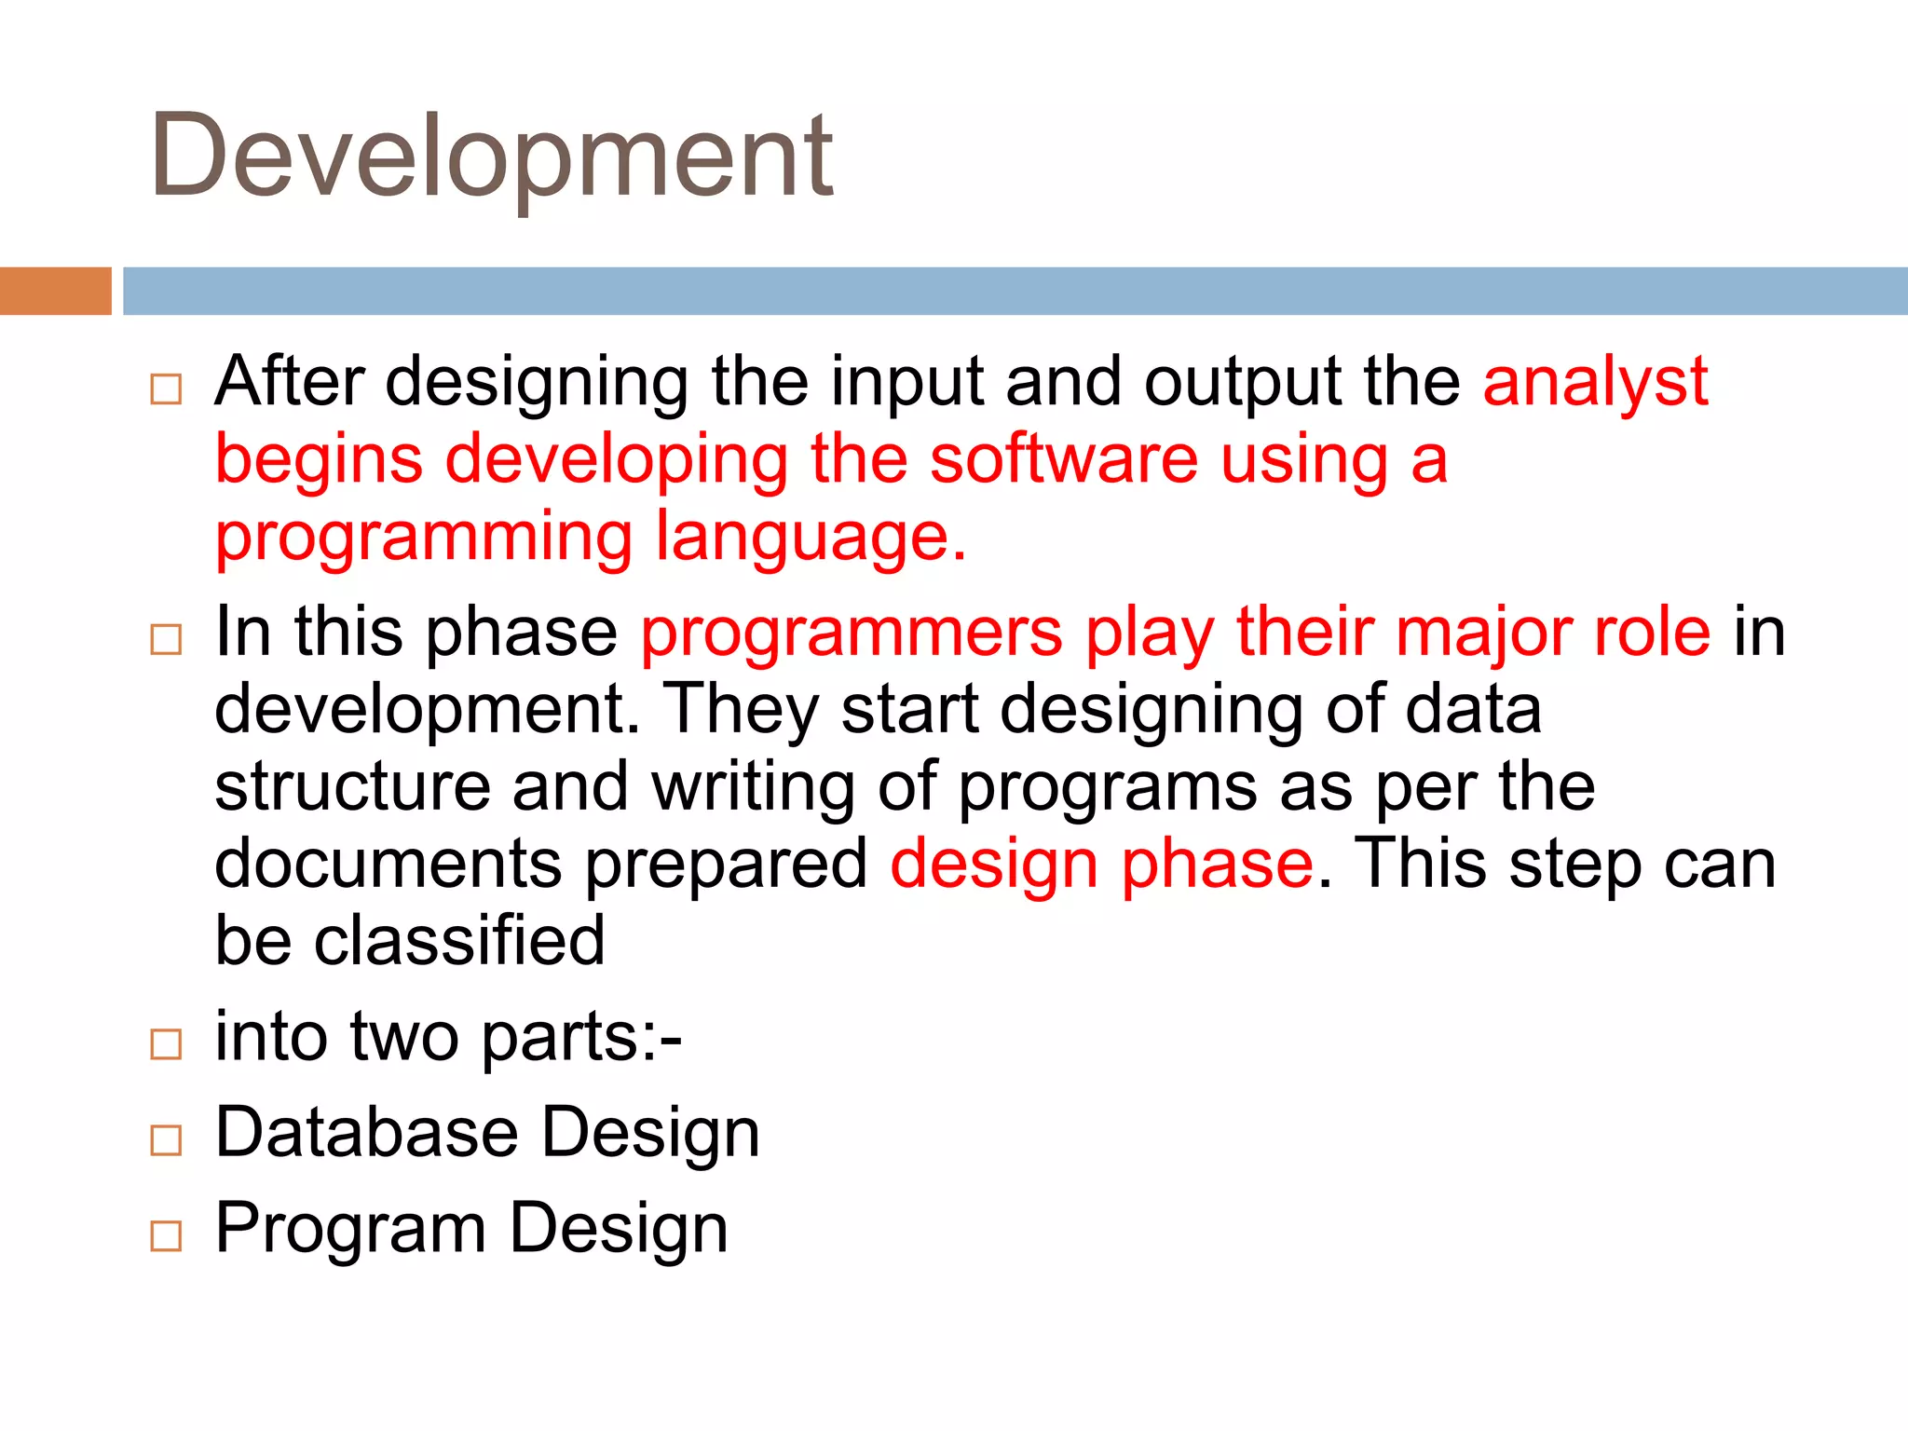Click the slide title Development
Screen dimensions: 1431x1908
491,157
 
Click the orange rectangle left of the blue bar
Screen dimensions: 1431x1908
55,291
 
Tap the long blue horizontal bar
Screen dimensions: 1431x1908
1015,291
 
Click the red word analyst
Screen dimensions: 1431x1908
1595,382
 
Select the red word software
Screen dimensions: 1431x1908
1064,459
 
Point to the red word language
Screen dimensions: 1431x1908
810,538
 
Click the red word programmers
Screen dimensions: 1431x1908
852,634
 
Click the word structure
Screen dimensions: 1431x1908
352,786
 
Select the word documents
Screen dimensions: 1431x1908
388,864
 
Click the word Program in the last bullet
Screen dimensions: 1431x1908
350,1229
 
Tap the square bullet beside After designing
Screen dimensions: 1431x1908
166,388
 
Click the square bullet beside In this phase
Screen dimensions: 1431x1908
166,639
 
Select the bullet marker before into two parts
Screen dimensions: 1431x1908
166,1044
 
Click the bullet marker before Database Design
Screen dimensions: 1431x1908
166,1139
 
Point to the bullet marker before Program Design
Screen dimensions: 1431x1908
166,1235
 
